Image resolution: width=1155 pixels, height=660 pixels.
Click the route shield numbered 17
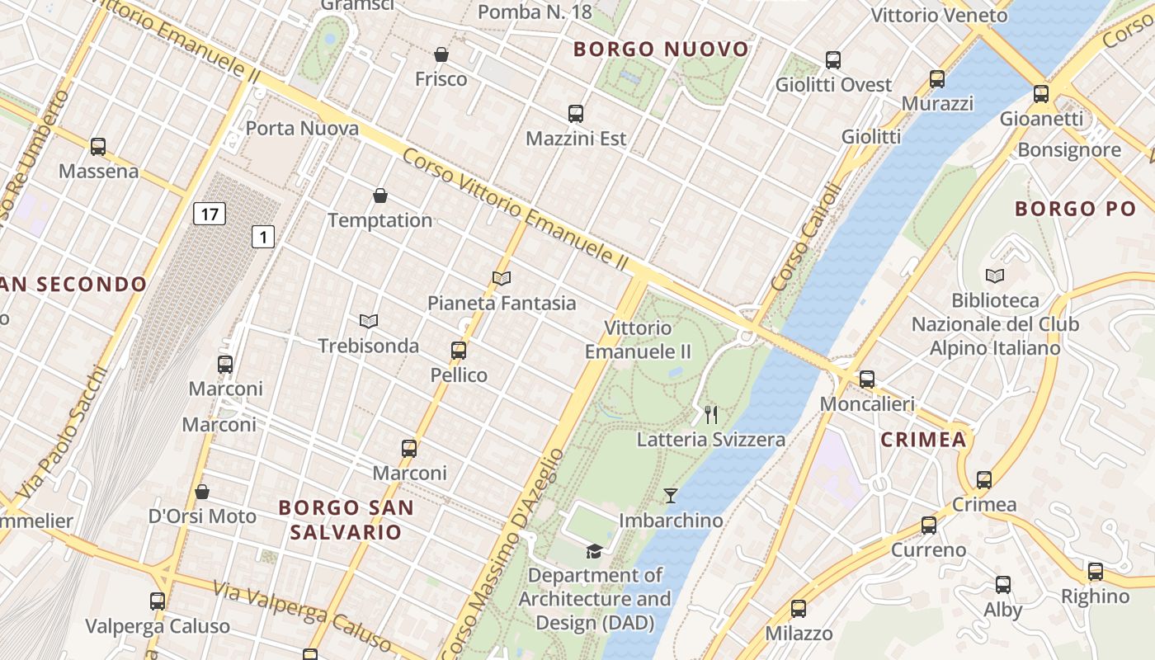(210, 214)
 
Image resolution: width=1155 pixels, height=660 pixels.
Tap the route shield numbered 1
(262, 238)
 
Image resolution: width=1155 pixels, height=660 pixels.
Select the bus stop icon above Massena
(98, 147)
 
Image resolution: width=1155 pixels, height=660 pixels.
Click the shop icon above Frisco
(441, 54)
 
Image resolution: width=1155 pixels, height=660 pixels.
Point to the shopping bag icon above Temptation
(380, 196)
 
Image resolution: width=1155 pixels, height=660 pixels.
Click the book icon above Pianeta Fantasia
(502, 279)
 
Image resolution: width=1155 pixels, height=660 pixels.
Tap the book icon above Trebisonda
(369, 321)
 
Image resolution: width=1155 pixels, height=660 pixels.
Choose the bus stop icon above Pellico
(459, 351)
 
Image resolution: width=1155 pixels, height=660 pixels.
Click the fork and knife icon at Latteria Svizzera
(711, 414)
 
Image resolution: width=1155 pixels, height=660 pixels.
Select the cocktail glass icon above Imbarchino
(671, 496)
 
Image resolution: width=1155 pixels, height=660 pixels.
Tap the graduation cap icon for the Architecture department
(594, 550)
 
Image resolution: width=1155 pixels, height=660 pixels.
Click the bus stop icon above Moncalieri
(867, 379)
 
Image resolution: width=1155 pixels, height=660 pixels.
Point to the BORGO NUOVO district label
(662, 49)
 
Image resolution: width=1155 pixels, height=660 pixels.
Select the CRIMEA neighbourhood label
(923, 439)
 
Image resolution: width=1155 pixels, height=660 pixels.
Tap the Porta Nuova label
(302, 129)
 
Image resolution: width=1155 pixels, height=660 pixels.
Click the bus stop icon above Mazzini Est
(576, 114)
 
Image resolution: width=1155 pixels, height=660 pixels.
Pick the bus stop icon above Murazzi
(937, 79)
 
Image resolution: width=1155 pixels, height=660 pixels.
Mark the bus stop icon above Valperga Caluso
(158, 601)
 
